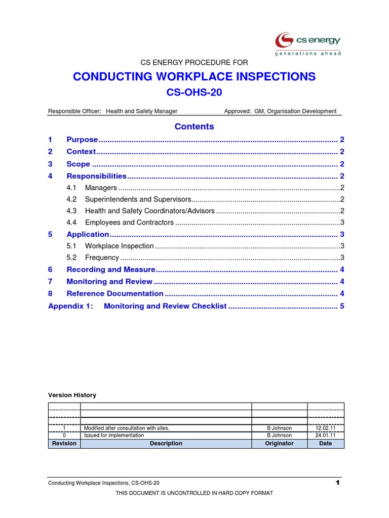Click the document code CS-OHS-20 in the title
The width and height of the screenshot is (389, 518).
coord(194,93)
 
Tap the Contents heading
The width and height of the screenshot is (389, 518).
coord(194,126)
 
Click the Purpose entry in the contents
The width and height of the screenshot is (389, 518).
coord(82,140)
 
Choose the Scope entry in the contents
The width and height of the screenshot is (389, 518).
coord(78,164)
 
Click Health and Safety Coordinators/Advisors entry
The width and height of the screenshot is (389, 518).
coord(150,211)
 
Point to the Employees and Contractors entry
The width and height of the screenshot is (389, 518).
coord(129,223)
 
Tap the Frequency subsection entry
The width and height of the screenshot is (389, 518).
coord(102,258)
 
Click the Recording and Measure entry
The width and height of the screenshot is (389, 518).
coord(110,270)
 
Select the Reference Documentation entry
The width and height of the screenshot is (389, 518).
coord(115,293)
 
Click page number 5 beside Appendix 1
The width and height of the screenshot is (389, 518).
coord(342,306)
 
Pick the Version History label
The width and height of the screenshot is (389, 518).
coord(72,395)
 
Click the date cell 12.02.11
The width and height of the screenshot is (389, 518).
coord(325,428)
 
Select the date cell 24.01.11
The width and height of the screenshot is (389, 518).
coord(325,435)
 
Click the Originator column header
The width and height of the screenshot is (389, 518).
coord(279,443)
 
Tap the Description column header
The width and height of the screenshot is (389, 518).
coord(166,443)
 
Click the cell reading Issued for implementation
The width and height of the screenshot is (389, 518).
coord(113,435)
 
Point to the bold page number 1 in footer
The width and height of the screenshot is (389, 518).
coord(337,483)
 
